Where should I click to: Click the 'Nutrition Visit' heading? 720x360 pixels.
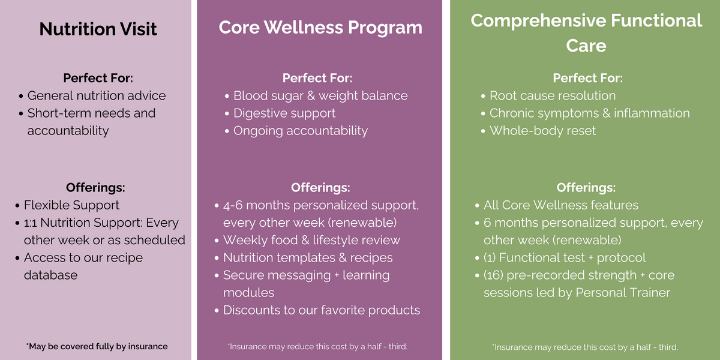click(98, 29)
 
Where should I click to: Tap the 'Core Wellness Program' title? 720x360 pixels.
click(320, 28)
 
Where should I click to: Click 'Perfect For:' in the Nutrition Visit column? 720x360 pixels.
click(98, 78)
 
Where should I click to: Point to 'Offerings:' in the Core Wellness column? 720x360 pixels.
click(320, 188)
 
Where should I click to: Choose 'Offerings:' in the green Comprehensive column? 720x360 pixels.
click(586, 188)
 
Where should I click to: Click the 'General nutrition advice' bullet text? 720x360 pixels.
click(97, 95)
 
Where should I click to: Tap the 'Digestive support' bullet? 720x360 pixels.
click(284, 113)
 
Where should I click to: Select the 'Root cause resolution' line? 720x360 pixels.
click(553, 95)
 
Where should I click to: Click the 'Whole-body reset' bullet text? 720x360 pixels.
click(542, 131)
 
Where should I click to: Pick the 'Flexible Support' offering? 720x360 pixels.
click(71, 205)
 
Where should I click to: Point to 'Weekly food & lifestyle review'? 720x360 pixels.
click(311, 240)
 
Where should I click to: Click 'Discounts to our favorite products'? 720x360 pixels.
click(322, 310)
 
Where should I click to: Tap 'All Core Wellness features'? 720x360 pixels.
click(561, 205)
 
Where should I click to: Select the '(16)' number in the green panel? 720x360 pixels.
click(493, 275)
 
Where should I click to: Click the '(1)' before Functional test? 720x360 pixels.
click(490, 258)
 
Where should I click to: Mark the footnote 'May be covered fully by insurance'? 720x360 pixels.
click(97, 347)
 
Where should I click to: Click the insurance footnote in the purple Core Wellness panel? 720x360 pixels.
click(317, 347)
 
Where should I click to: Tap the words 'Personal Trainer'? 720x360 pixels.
click(623, 293)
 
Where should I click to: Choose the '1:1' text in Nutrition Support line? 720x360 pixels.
click(30, 223)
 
